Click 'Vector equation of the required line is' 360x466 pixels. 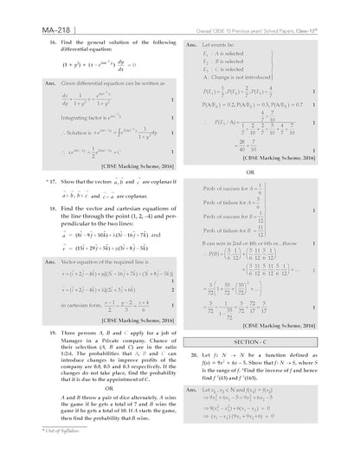point(87,260)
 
